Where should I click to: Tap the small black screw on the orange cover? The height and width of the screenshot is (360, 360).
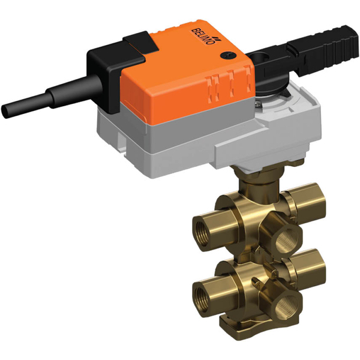(226, 56)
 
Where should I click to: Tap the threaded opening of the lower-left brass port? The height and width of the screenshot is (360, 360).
(202, 294)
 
